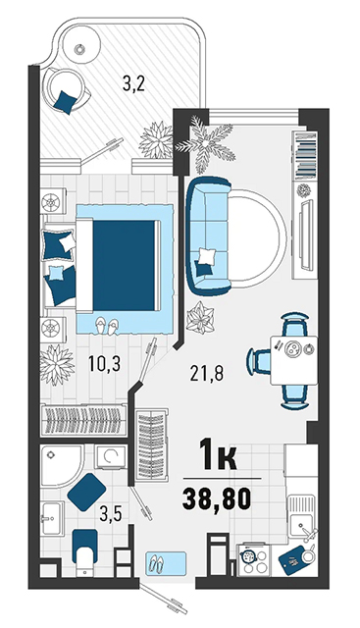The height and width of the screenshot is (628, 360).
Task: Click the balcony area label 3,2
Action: [133, 84]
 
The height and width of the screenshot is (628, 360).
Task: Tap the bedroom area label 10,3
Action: [105, 364]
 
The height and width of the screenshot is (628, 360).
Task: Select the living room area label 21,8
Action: [206, 373]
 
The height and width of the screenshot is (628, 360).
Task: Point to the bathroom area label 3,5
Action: [111, 514]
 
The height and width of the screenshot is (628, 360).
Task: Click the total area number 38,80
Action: [217, 499]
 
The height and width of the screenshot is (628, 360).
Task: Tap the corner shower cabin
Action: [63, 466]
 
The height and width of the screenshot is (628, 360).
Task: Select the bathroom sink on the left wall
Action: [52, 518]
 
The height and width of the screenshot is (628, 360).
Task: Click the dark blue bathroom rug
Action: [86, 493]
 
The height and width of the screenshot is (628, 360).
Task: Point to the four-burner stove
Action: [254, 559]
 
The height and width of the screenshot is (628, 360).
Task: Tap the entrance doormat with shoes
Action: [166, 564]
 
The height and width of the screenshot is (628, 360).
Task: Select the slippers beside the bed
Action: [107, 326]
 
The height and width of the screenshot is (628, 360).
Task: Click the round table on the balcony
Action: [80, 48]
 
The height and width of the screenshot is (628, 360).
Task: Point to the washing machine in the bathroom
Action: [110, 456]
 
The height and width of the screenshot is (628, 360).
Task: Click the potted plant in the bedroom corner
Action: [57, 364]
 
